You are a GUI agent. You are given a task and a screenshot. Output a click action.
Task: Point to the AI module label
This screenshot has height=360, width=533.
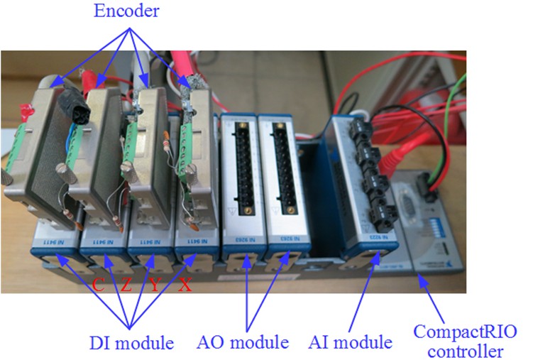(x=351, y=343)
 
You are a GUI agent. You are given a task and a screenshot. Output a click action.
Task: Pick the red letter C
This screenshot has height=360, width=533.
(x=99, y=285)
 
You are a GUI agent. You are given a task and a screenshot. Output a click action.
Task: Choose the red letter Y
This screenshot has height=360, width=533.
(x=154, y=285)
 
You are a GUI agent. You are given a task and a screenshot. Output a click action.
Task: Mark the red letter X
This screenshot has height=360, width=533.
(x=184, y=285)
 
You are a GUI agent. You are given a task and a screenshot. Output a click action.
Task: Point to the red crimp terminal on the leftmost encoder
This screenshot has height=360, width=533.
(x=27, y=111)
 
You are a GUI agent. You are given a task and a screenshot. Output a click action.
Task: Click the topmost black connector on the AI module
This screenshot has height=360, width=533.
(x=360, y=127)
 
